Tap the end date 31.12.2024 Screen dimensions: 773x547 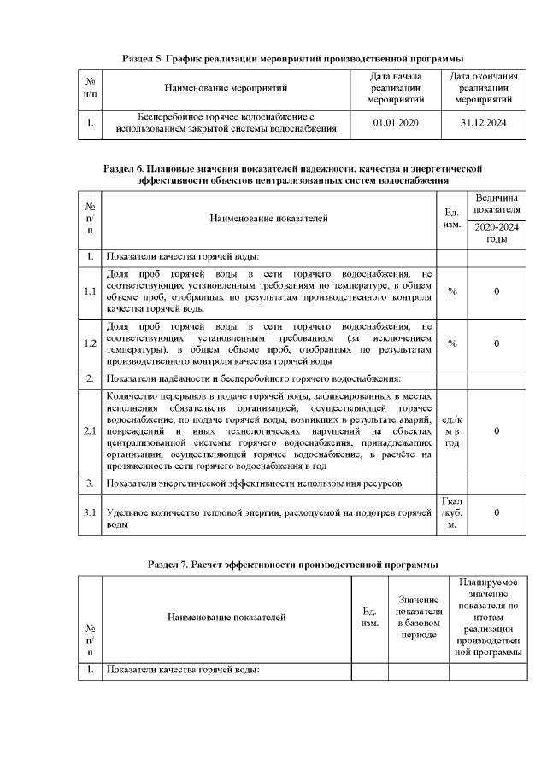[x=483, y=123]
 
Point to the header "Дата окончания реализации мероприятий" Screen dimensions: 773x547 [x=483, y=88]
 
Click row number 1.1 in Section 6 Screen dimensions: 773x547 [x=90, y=291]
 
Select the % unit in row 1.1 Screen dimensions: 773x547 [x=452, y=291]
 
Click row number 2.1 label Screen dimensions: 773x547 [x=90, y=430]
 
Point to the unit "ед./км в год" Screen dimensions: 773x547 [x=452, y=430]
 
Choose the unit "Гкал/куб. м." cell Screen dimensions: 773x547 [x=452, y=512]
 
